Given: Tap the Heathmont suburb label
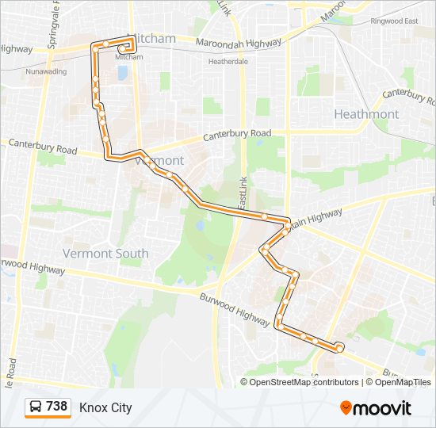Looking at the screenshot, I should (x=366, y=114).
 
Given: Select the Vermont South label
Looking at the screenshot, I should (x=105, y=254).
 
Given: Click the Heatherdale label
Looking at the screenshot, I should (x=228, y=61).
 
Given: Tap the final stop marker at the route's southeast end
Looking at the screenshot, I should (x=339, y=347).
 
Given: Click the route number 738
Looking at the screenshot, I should (x=56, y=407).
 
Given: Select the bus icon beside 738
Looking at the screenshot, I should (x=36, y=407).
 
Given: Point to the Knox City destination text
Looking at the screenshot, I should (x=105, y=407).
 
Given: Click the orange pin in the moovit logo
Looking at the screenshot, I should (x=346, y=408).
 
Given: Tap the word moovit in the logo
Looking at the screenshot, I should (x=383, y=408).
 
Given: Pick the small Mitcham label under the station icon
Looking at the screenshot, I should (x=130, y=57).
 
